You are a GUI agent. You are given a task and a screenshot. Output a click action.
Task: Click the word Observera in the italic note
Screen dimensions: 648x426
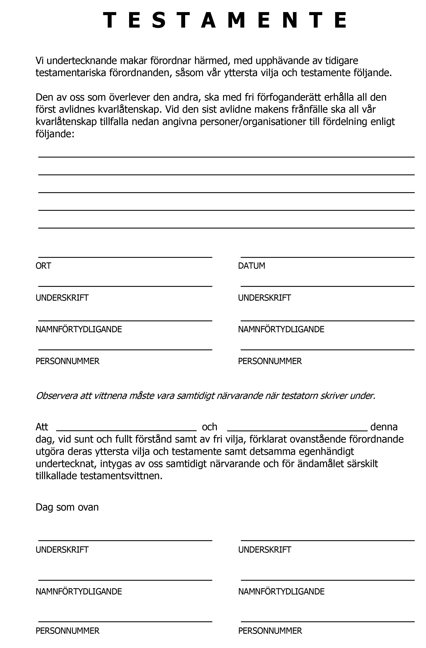(57, 396)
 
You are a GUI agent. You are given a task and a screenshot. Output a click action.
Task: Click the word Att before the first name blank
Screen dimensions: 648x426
(42, 427)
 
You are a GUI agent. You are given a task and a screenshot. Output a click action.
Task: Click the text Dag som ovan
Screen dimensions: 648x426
(67, 507)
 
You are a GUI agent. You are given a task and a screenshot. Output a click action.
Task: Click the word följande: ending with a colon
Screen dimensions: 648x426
(55, 134)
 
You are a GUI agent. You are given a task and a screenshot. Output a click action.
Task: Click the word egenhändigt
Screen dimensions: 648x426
(326, 451)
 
